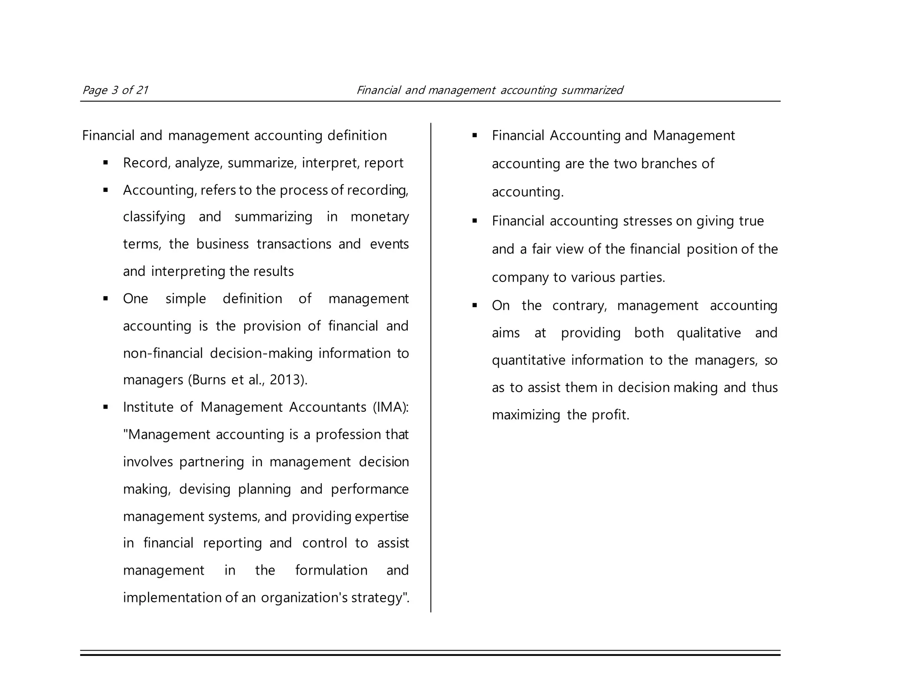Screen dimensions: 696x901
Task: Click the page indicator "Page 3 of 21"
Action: pyautogui.click(x=115, y=90)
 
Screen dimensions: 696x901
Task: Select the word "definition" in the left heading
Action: pyautogui.click(x=357, y=136)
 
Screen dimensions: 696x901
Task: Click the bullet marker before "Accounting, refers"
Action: pyautogui.click(x=106, y=190)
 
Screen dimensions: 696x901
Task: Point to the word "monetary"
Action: pyautogui.click(x=380, y=217)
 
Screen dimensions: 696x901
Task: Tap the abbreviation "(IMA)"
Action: pyautogui.click(x=390, y=407)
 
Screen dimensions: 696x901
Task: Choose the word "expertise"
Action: pyautogui.click(x=381, y=517)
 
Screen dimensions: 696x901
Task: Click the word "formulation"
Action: pyautogui.click(x=331, y=571)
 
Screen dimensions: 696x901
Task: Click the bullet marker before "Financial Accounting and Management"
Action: pyautogui.click(x=475, y=136)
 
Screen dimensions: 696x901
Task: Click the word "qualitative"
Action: pyautogui.click(x=709, y=333)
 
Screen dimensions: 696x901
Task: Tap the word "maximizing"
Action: pyautogui.click(x=526, y=415)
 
